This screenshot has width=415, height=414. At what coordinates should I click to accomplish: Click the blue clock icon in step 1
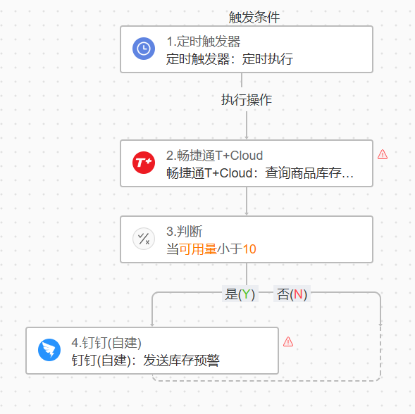tap(144, 49)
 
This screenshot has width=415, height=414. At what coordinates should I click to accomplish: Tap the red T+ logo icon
tap(144, 163)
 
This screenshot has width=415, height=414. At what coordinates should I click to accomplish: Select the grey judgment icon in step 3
tap(144, 239)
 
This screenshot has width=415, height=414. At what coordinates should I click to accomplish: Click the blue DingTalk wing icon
tap(49, 350)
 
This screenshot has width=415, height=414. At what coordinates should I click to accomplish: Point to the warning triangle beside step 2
tap(383, 154)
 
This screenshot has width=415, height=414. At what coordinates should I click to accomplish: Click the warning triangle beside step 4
tap(288, 341)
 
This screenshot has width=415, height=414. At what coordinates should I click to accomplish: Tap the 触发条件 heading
tap(254, 18)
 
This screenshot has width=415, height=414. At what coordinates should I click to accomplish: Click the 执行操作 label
tap(247, 100)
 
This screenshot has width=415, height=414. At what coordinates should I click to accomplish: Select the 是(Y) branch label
tap(240, 294)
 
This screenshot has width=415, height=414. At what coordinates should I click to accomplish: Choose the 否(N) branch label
tap(292, 294)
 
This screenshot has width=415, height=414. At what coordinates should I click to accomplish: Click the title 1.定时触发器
tap(203, 42)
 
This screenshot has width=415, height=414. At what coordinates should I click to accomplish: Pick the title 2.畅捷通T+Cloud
tap(214, 156)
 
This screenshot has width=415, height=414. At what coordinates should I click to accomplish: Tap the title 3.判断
tap(184, 232)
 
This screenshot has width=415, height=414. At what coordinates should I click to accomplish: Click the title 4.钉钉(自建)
tap(106, 343)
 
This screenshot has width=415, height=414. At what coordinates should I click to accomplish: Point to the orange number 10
tap(249, 249)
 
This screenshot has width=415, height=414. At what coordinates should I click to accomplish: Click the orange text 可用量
tap(198, 249)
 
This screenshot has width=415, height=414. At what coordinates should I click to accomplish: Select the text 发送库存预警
tap(181, 360)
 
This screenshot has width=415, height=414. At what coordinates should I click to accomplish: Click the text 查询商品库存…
tap(309, 173)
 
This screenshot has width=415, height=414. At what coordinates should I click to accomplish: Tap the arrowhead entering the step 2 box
tap(247, 137)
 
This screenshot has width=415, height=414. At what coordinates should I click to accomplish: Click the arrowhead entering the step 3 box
tap(247, 214)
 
